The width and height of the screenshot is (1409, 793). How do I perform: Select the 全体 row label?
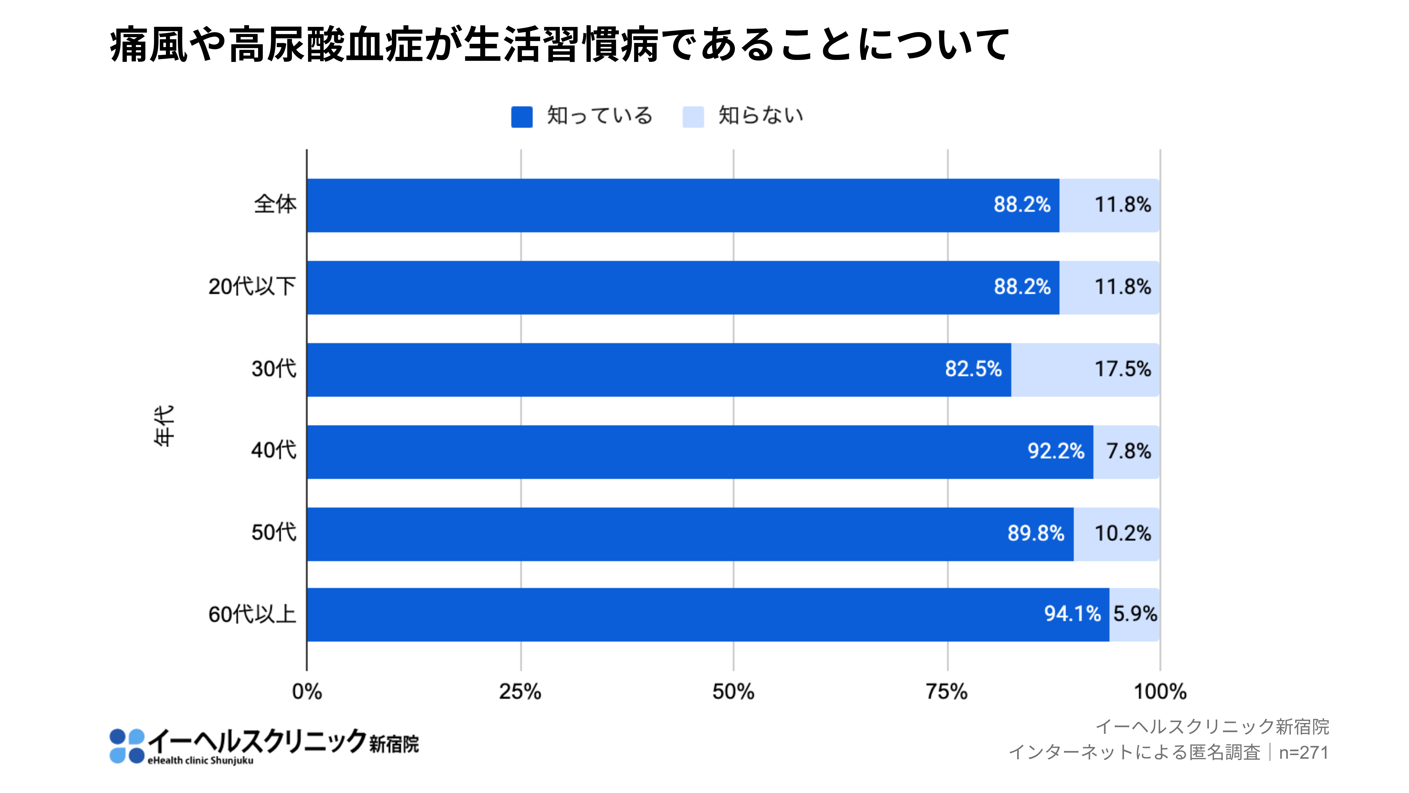(275, 204)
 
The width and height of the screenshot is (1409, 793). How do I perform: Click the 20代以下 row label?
(252, 286)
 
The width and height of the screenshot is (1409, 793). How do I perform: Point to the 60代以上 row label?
(252, 614)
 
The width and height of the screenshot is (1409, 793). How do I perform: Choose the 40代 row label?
(273, 450)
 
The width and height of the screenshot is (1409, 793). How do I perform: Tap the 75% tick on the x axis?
(947, 692)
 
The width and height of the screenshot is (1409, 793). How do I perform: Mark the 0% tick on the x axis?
(307, 692)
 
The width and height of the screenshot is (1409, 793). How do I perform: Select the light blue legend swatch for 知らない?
(693, 117)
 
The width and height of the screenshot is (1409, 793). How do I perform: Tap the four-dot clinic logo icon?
(127, 745)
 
